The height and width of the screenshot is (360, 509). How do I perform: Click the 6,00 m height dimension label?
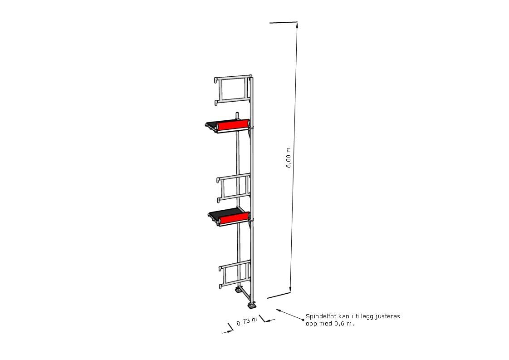[x=289, y=158]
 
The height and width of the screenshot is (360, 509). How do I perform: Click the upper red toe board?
[x=233, y=126]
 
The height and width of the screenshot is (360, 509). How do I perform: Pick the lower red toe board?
[x=235, y=218]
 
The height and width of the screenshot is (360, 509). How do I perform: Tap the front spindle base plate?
[x=252, y=306]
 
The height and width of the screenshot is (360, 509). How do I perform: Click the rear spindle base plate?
[x=239, y=290]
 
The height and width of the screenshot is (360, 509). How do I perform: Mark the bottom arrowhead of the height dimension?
[x=290, y=290]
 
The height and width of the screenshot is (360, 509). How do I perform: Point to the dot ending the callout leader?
[x=303, y=320]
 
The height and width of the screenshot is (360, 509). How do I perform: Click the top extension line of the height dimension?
[x=284, y=22]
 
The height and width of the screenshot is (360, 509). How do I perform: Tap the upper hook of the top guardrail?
[x=216, y=79]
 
